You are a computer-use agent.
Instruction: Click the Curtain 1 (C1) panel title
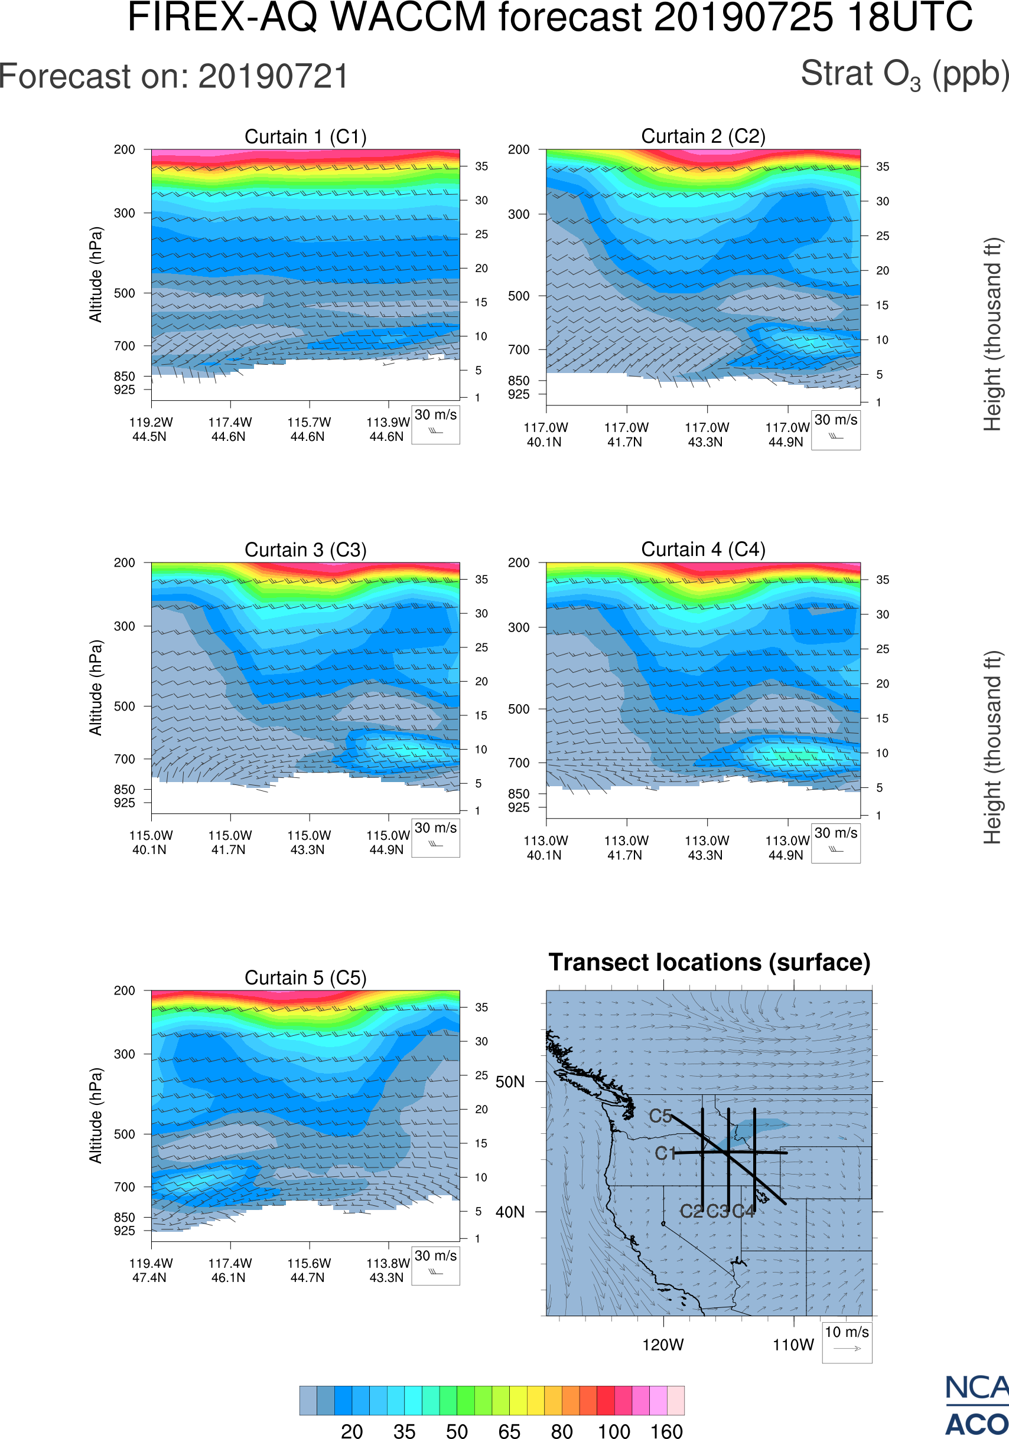(x=305, y=136)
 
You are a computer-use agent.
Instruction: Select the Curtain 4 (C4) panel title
(x=703, y=550)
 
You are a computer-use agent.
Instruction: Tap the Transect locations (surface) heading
(x=709, y=963)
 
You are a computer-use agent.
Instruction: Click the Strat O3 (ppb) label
(x=904, y=74)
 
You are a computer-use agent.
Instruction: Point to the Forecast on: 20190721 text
(x=174, y=77)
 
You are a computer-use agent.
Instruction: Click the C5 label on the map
(x=660, y=1116)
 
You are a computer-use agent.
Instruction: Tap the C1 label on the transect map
(x=665, y=1153)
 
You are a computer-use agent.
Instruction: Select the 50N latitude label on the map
(x=510, y=1082)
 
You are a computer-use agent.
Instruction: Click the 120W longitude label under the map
(x=663, y=1345)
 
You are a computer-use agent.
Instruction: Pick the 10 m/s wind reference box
(x=847, y=1342)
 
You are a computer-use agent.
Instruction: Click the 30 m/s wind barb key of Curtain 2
(x=835, y=430)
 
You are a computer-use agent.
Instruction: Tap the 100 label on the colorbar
(x=613, y=1430)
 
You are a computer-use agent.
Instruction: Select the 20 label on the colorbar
(x=352, y=1430)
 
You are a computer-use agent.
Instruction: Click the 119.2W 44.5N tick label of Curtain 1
(x=151, y=429)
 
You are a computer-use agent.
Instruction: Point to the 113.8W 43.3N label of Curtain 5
(x=388, y=1270)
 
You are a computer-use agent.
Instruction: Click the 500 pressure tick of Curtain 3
(x=124, y=707)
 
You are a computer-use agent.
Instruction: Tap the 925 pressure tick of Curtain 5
(x=124, y=1230)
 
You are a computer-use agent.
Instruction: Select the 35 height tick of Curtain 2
(x=883, y=166)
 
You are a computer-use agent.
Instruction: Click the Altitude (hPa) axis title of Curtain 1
(x=95, y=274)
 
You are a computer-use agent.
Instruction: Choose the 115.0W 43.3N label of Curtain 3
(x=308, y=842)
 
